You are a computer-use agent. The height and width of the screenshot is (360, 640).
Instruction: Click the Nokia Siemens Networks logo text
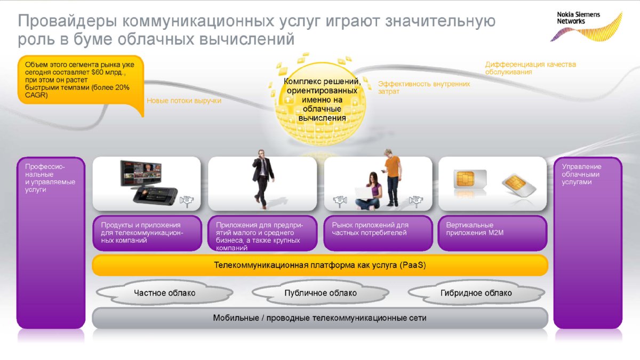tap(578, 18)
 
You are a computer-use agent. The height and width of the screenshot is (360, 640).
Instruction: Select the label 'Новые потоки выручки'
tap(184, 101)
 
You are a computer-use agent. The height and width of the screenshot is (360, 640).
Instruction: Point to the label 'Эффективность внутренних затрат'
tap(424, 87)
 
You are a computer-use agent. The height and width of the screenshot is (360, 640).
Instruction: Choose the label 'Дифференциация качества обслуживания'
tap(531, 68)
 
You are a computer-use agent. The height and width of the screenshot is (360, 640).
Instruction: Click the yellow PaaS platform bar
tap(320, 265)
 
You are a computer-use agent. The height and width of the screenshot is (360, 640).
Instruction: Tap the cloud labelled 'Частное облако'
tap(165, 293)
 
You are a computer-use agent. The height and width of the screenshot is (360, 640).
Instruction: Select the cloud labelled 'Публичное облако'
tap(321, 293)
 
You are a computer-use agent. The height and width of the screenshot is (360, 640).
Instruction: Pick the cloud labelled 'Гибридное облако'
tap(476, 293)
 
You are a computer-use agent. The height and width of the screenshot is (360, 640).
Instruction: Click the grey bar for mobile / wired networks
tap(320, 318)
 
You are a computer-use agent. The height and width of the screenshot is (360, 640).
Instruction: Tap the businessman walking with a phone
tap(263, 179)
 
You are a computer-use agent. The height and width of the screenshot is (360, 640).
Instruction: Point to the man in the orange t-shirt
tap(392, 178)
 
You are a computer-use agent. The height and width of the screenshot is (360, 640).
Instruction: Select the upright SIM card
tap(470, 179)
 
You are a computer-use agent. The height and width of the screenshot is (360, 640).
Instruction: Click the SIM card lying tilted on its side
tap(519, 185)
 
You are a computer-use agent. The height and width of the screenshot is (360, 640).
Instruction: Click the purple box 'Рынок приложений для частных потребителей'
tap(378, 233)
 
